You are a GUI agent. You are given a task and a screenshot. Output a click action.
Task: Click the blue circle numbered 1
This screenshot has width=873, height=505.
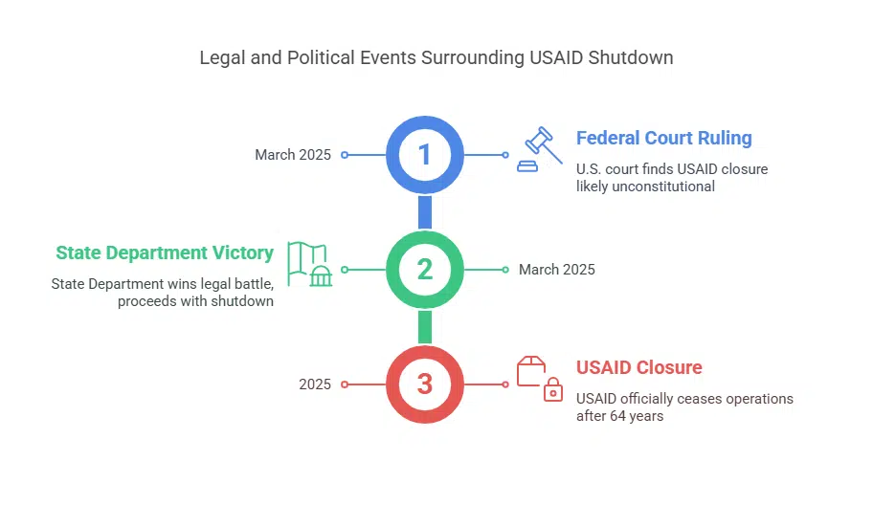(425, 154)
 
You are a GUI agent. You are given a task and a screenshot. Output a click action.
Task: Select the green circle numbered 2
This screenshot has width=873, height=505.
(425, 270)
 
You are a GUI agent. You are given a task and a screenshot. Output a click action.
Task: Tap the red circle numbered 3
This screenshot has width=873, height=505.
(425, 384)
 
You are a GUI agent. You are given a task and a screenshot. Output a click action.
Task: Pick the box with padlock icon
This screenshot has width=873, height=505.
(539, 379)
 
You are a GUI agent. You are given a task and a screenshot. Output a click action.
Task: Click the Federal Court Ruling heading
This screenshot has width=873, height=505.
(663, 138)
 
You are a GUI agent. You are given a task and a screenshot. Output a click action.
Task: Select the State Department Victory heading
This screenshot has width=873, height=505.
(165, 252)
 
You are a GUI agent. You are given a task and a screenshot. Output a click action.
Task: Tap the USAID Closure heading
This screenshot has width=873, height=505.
(638, 367)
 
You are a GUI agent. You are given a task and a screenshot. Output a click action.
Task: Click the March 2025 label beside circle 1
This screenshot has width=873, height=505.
(293, 154)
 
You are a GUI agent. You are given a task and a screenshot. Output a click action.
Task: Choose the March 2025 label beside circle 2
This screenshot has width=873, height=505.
(556, 270)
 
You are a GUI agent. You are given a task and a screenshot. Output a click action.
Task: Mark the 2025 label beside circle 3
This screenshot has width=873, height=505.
(315, 384)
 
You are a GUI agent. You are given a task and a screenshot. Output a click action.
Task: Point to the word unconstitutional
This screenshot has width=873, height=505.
(666, 187)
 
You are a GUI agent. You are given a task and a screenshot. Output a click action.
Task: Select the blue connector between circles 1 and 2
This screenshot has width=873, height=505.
(425, 211)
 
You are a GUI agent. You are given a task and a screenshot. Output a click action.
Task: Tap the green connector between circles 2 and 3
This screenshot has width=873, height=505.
(425, 327)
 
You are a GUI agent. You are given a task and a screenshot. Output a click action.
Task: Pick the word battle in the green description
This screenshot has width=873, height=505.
(253, 284)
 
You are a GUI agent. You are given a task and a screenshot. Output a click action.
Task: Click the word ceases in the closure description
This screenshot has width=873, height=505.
(683, 399)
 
